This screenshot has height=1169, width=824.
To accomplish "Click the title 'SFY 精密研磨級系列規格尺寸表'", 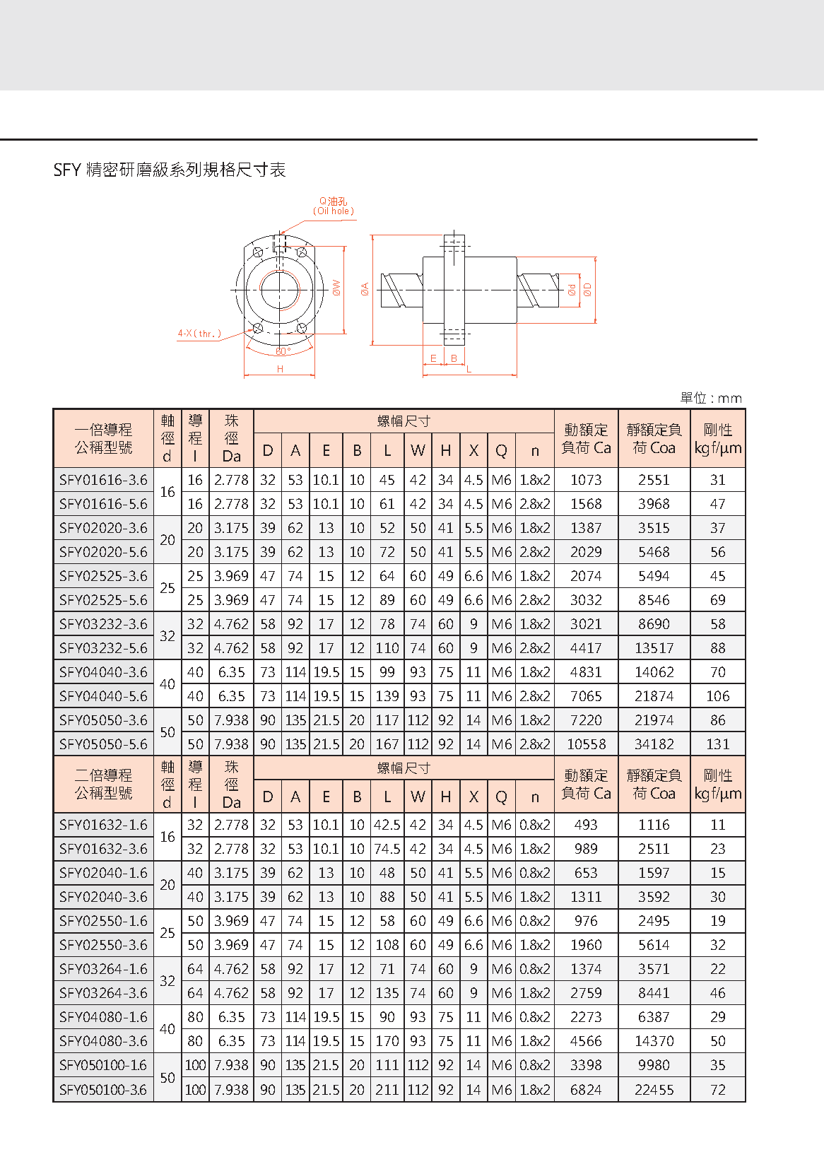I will click(x=170, y=170).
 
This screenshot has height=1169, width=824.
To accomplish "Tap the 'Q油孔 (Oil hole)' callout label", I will click(x=334, y=206).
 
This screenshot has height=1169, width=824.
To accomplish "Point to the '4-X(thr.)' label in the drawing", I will click(x=199, y=334).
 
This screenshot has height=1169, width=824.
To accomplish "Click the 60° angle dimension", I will click(x=283, y=351).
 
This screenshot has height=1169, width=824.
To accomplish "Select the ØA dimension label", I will click(x=365, y=288).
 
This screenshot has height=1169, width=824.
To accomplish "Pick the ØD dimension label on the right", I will click(x=587, y=289).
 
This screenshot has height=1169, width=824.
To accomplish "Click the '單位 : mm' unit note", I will click(x=710, y=398).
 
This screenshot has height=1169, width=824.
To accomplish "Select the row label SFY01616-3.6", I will click(x=103, y=480).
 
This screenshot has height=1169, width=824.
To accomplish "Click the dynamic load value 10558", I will click(x=586, y=744).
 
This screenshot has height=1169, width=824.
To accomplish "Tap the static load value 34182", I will click(x=654, y=744).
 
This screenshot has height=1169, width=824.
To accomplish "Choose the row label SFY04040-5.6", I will click(x=103, y=696).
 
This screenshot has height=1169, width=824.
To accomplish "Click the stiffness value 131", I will click(x=717, y=744).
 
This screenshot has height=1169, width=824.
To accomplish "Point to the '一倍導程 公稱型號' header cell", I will click(x=103, y=438).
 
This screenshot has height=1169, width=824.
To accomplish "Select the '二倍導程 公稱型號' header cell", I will click(x=103, y=784).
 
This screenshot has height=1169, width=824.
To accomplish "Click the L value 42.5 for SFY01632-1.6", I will click(x=387, y=825).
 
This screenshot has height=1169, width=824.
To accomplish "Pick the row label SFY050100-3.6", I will click(x=103, y=1090).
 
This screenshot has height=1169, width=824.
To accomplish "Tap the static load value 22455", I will click(x=654, y=1090).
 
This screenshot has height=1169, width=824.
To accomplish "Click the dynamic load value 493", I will click(x=586, y=825).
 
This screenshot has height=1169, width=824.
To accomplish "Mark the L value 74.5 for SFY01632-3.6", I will click(x=387, y=849).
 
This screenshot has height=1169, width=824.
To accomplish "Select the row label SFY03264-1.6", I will click(x=103, y=969).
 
